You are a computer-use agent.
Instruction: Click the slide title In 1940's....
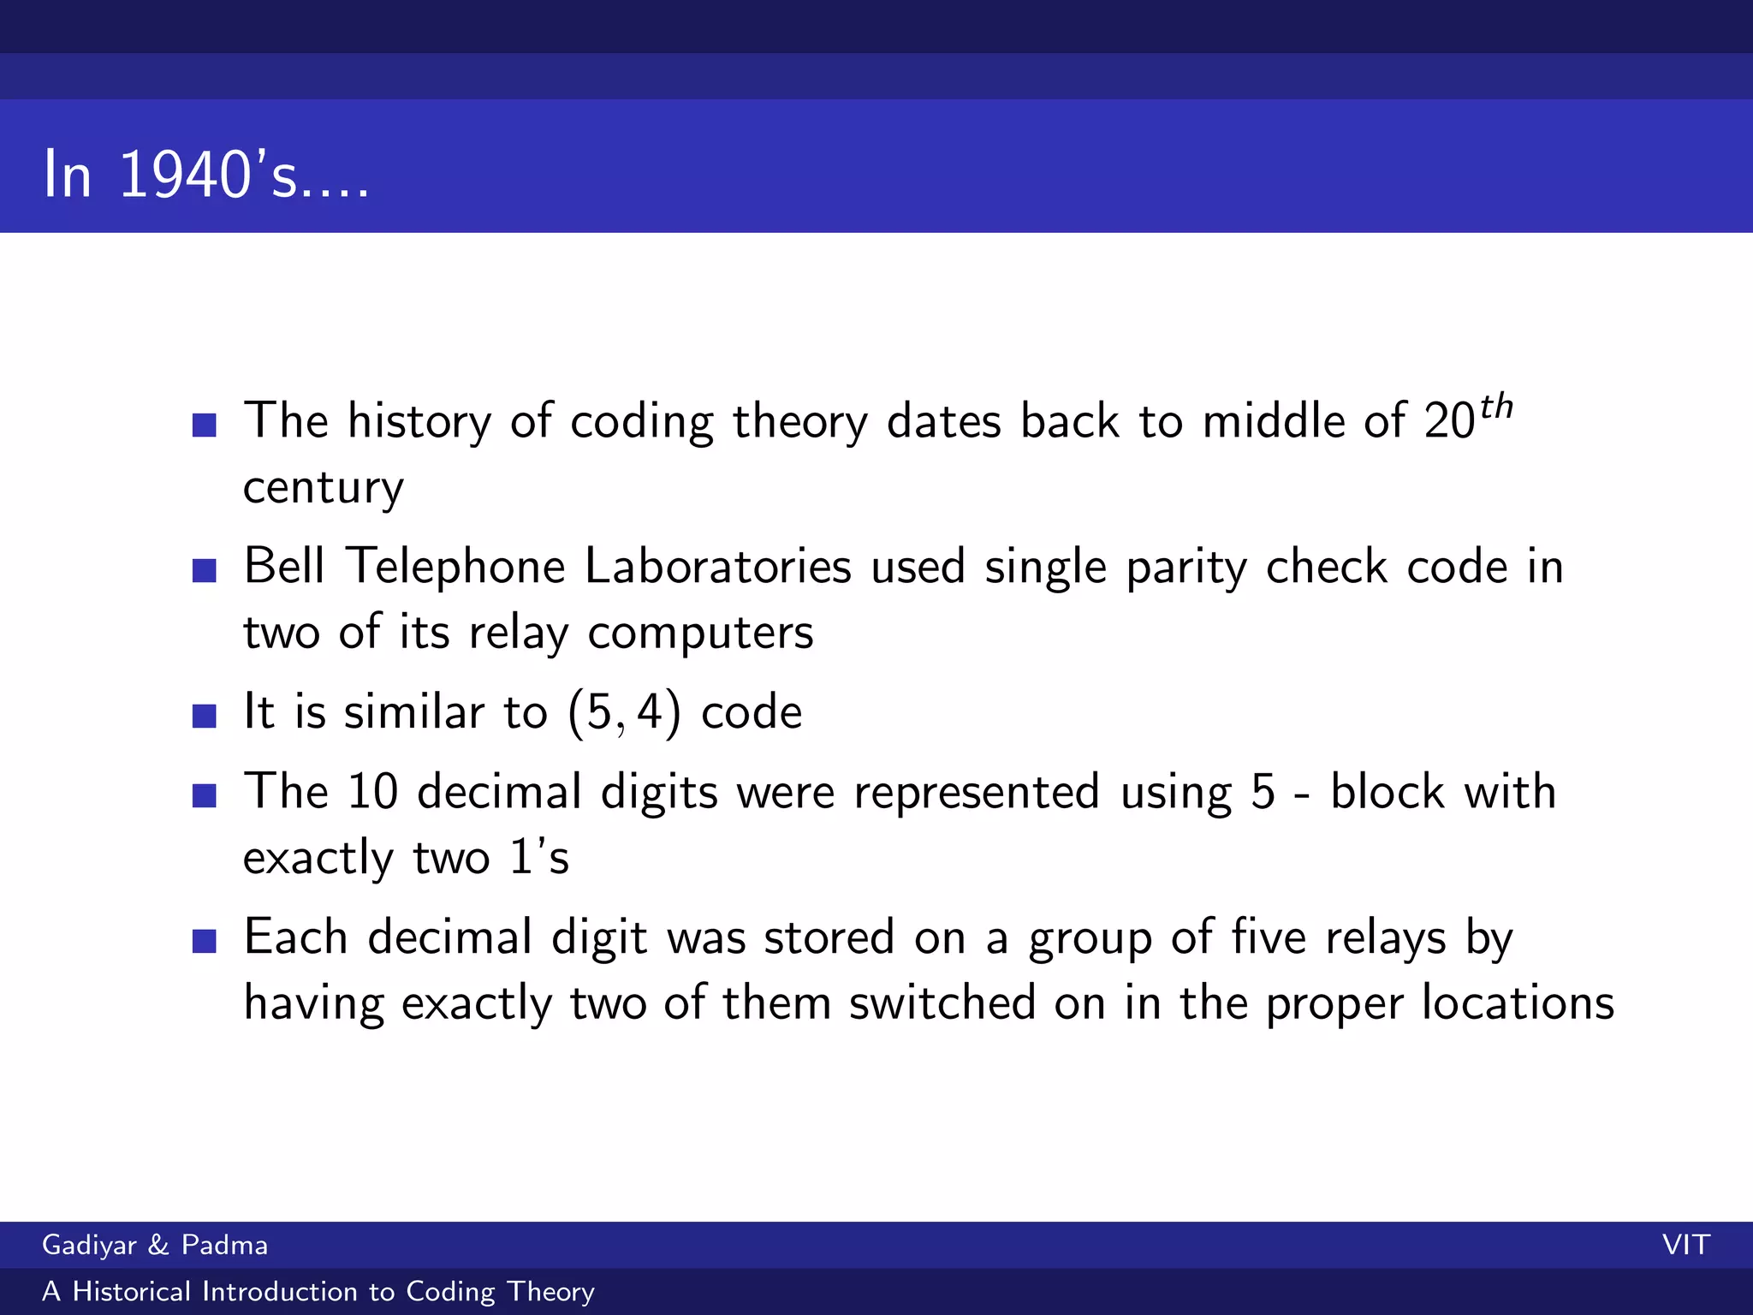(x=205, y=175)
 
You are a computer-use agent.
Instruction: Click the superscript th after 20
(x=1496, y=408)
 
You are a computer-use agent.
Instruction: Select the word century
(x=323, y=488)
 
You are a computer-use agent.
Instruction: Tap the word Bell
(x=284, y=567)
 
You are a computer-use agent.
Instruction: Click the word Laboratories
(x=718, y=567)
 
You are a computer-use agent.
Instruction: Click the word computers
(x=700, y=634)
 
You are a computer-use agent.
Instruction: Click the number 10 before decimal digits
(x=372, y=791)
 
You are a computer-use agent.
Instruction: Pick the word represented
(x=976, y=793)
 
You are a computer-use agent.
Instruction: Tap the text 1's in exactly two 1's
(x=539, y=857)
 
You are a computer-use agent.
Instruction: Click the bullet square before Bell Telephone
(x=205, y=570)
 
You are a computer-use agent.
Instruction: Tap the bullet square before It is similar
(x=205, y=716)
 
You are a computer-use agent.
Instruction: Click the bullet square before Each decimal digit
(x=205, y=941)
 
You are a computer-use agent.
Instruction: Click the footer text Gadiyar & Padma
(x=155, y=1245)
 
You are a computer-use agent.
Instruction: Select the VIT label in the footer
(x=1685, y=1245)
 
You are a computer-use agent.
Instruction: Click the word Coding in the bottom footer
(x=450, y=1292)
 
